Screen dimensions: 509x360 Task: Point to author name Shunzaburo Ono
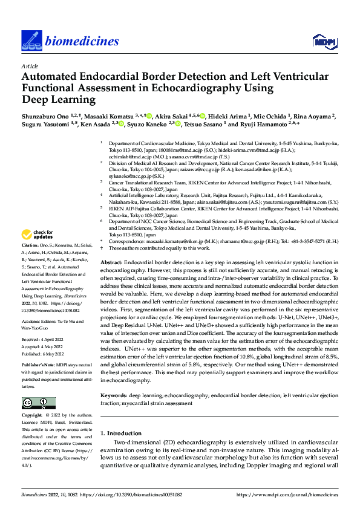45,115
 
